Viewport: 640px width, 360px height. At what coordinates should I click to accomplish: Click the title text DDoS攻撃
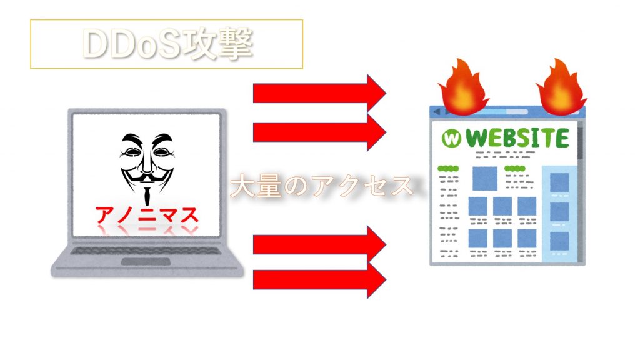pos(168,44)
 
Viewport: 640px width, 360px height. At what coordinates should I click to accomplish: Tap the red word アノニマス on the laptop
pos(147,215)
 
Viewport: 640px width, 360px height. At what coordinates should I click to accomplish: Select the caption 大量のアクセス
pos(322,186)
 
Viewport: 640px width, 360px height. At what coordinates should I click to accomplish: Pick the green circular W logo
pos(451,138)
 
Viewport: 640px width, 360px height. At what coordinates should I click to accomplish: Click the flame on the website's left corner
pos(463,87)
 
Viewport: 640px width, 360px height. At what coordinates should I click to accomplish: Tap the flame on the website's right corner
pos(561,87)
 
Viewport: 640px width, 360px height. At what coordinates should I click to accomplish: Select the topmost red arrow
pos(319,93)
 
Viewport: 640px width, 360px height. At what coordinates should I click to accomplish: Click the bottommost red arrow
pos(319,280)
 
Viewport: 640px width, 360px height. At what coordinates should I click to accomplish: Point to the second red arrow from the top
pos(319,132)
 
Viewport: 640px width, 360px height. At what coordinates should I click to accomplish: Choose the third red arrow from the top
pos(319,244)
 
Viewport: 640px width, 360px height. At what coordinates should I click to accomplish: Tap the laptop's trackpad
pos(146,262)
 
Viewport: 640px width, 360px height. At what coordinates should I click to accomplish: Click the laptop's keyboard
pos(146,250)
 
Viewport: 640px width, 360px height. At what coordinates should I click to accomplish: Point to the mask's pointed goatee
pos(146,195)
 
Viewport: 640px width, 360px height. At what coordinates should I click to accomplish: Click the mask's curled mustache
pos(147,177)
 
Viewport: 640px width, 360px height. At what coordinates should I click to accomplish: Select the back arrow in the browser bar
pos(437,111)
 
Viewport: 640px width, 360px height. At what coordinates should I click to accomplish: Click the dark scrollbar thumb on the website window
pos(580,143)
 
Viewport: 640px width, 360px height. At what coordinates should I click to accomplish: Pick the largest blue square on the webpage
pos(485,178)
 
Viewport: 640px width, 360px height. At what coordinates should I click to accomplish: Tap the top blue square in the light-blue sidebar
pos(559,182)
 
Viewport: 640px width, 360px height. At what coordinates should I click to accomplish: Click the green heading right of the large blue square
pos(515,168)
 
